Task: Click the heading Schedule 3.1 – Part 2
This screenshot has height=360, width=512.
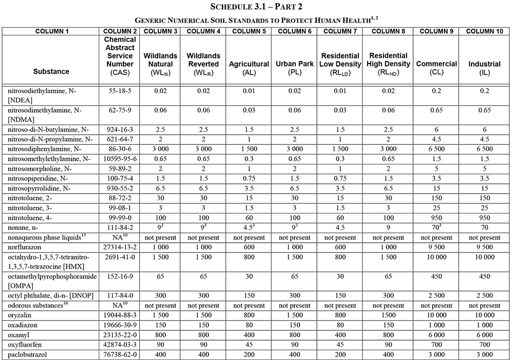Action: [256, 7]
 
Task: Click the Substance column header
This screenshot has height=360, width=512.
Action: [51, 72]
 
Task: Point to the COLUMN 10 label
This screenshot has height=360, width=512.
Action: [484, 31]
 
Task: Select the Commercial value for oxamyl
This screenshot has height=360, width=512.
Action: [436, 334]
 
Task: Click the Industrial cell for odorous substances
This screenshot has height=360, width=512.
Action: [484, 305]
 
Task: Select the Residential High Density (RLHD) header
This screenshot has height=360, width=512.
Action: [389, 64]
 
